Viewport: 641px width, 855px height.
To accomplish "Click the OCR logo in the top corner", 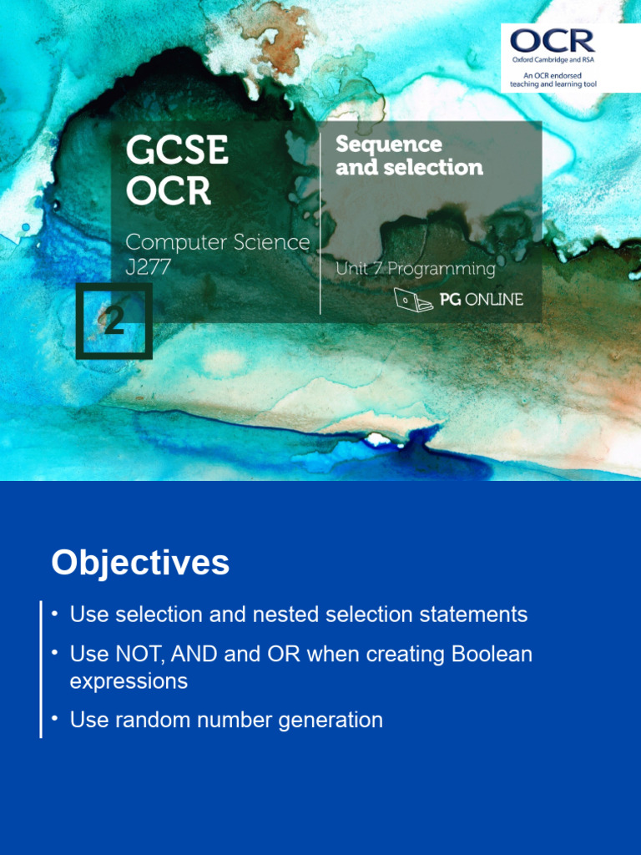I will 552,41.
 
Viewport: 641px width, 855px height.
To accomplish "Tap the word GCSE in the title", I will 177,151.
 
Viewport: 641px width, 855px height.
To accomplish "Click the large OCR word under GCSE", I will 169,191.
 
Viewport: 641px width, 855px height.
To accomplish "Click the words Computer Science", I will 217,242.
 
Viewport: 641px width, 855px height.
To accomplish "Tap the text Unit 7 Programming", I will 415,269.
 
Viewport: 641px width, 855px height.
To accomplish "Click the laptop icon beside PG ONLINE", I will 413,299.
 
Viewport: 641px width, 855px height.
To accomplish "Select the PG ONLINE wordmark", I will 482,299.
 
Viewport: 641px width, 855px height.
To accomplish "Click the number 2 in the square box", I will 114,321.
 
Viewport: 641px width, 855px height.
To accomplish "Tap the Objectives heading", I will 140,563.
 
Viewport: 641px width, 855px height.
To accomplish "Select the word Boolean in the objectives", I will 492,654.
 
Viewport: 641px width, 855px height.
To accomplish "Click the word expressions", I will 129,681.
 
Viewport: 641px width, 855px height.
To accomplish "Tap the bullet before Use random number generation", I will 55,718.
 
